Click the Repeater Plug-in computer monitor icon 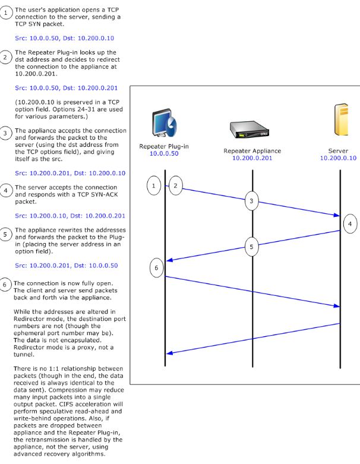(165, 123)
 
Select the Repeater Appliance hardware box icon (250, 130)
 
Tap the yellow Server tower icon (341, 119)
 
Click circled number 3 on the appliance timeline (251, 201)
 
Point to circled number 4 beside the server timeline (350, 224)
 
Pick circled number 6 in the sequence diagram (156, 268)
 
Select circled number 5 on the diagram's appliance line (251, 247)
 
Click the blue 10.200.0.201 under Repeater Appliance (252, 158)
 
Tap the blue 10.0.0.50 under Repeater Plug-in (164, 154)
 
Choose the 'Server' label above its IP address (338, 151)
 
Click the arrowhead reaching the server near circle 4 (337, 215)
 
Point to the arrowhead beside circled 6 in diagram (169, 260)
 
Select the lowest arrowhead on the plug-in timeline (169, 353)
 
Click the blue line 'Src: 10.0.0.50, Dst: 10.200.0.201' (67, 88)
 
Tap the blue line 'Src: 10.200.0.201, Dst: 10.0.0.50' (67, 266)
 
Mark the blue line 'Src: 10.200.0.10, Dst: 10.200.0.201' (70, 216)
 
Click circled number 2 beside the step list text (5, 57)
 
